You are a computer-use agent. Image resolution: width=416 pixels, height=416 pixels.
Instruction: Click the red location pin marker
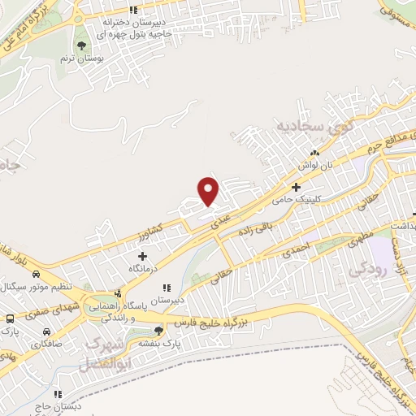tap(209, 191)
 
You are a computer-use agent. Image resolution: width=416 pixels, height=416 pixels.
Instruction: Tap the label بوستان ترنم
tap(81, 58)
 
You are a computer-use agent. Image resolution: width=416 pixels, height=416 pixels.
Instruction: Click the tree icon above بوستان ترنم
tap(81, 45)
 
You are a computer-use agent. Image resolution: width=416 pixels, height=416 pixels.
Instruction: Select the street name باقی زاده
tap(253, 230)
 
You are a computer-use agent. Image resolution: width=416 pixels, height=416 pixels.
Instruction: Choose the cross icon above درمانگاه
tap(144, 255)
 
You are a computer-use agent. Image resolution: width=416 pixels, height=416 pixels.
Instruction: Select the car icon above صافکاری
tap(46, 332)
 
